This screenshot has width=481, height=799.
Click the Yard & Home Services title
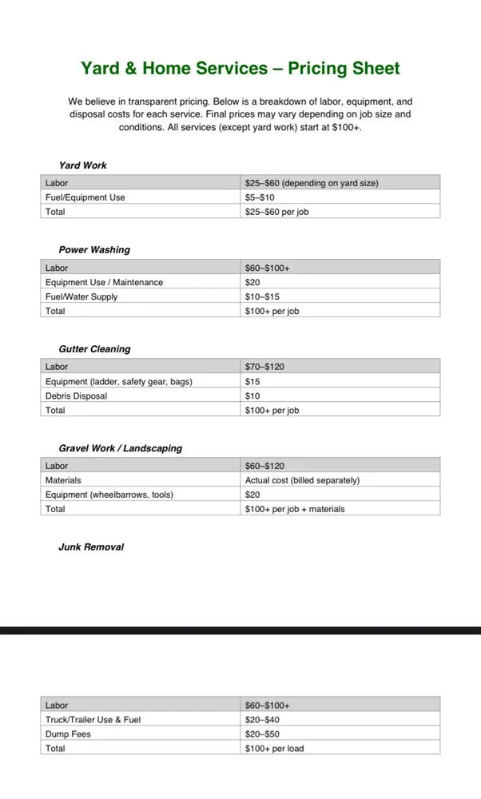coord(240,68)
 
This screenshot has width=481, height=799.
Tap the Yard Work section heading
coord(82,165)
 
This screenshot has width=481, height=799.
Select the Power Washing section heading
coord(93,250)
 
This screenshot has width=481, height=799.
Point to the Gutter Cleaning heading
coord(94,349)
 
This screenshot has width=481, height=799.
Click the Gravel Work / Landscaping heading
coord(120,448)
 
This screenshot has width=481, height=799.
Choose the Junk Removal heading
coord(91,547)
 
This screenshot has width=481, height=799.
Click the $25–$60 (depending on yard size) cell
coord(312,183)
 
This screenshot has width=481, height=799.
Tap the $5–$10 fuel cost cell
coord(260,197)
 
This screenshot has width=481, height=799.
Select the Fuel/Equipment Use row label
coord(85,197)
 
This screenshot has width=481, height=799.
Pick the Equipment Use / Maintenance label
coord(104,282)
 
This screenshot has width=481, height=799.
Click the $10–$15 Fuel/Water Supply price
coord(262,296)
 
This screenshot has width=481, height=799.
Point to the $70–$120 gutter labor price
coord(264,367)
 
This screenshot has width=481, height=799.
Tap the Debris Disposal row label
coord(76,396)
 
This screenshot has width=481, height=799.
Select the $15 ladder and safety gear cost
coord(252,381)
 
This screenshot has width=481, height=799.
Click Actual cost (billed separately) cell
coord(302,480)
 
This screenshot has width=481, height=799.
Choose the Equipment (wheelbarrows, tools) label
coord(109,495)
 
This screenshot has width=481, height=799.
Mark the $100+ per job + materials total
coord(295,509)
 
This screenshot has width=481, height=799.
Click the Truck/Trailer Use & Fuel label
coord(93,720)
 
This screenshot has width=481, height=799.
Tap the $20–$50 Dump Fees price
coord(262,734)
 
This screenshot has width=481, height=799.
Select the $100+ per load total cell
coord(274,749)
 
